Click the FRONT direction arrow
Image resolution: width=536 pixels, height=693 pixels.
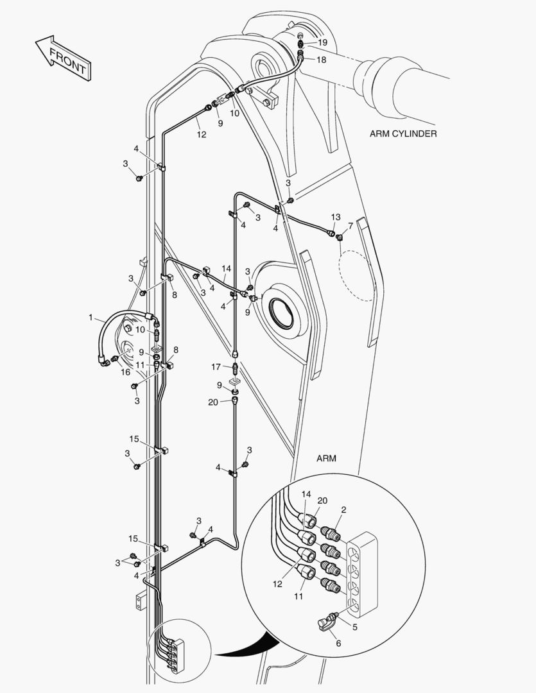tap(64, 58)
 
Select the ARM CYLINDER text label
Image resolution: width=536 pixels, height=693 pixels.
tap(403, 134)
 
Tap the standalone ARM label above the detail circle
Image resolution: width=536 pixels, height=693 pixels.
tap(327, 459)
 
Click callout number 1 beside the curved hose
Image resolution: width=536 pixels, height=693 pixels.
tap(91, 317)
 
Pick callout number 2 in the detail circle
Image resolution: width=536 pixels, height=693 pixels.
tap(344, 510)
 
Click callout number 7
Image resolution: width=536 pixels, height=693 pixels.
tap(350, 226)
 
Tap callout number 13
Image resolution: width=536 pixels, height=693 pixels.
tap(336, 217)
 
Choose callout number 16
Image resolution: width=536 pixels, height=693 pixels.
tap(126, 372)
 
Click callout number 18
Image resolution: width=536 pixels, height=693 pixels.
tap(322, 60)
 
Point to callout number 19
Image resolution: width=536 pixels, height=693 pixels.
tap(322, 42)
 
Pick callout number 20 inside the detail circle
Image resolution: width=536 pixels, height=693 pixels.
tap(322, 501)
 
